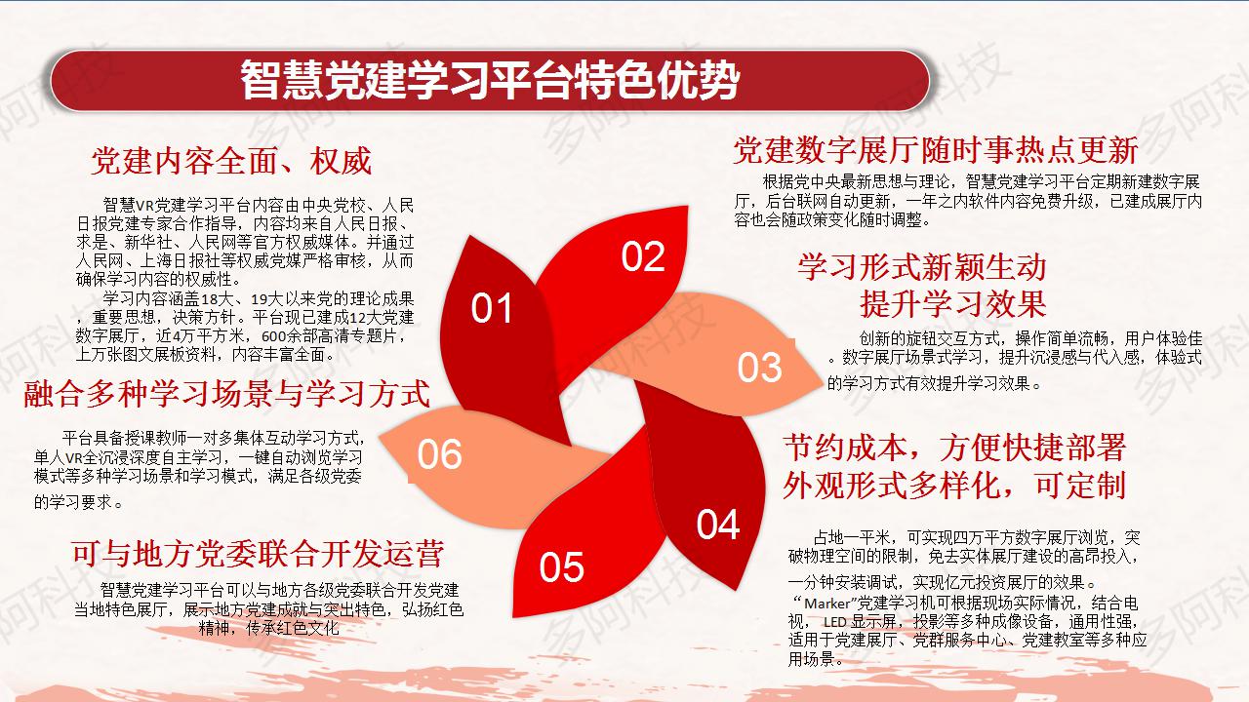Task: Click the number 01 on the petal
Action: tap(491, 308)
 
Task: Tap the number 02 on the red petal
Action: tap(643, 256)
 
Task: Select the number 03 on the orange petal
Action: tap(759, 368)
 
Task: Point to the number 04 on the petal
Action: tap(718, 525)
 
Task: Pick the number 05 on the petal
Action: tap(561, 567)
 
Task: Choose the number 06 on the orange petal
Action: tap(440, 454)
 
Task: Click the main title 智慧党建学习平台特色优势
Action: tap(490, 80)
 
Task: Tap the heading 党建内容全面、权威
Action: tap(231, 161)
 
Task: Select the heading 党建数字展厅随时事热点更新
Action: tap(936, 150)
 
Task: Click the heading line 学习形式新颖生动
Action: tap(922, 267)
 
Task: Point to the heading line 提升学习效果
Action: tap(952, 303)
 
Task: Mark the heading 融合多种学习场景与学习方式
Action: tap(227, 393)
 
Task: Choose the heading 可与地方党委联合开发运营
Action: tap(258, 554)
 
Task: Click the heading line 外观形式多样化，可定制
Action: tap(954, 485)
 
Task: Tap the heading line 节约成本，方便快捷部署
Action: tap(954, 448)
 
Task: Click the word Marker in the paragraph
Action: tap(827, 604)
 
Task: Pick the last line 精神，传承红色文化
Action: tap(268, 629)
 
